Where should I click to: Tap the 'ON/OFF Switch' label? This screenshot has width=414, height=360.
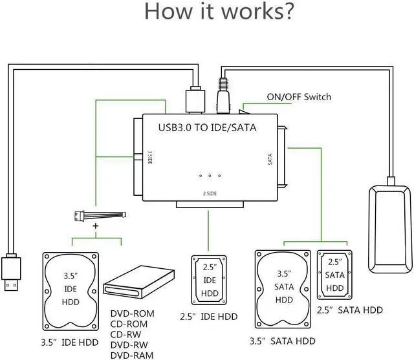(x=298, y=97)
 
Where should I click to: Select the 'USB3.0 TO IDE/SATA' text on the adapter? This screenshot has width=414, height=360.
(x=207, y=127)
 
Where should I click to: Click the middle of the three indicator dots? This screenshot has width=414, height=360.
(x=210, y=176)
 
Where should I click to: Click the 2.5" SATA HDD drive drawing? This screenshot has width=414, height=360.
(x=334, y=274)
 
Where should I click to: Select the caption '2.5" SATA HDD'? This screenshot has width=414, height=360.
(x=349, y=310)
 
